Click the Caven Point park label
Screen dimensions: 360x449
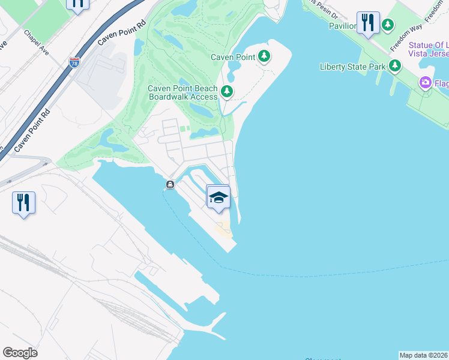pos(234,57)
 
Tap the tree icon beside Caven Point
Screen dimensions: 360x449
pos(264,57)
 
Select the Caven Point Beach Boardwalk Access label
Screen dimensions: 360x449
pos(182,92)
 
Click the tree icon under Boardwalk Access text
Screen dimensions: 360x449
pos(226,92)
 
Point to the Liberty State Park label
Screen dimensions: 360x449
pos(352,67)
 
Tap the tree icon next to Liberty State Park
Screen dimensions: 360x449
pos(394,66)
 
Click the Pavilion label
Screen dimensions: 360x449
pos(342,26)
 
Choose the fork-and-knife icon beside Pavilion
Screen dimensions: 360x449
pos(367,23)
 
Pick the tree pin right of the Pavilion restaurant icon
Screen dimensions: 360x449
pos(388,25)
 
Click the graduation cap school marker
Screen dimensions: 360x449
pos(218,197)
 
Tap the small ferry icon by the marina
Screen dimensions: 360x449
pos(170,185)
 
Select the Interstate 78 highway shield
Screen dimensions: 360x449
pos(74,62)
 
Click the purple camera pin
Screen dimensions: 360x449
pos(426,82)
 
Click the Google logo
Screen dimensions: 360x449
pos(20,353)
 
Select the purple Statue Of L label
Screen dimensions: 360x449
pos(429,46)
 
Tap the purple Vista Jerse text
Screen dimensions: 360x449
pos(429,55)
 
